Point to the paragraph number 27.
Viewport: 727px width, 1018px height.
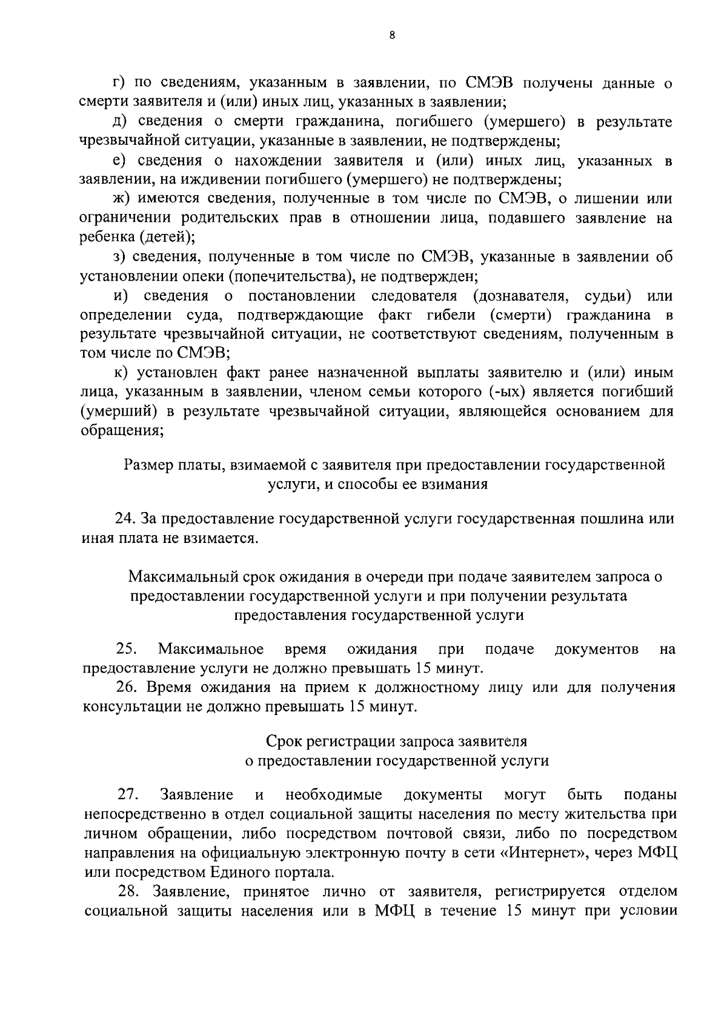pyautogui.click(x=128, y=794)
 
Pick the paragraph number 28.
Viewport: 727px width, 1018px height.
pyautogui.click(x=128, y=892)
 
